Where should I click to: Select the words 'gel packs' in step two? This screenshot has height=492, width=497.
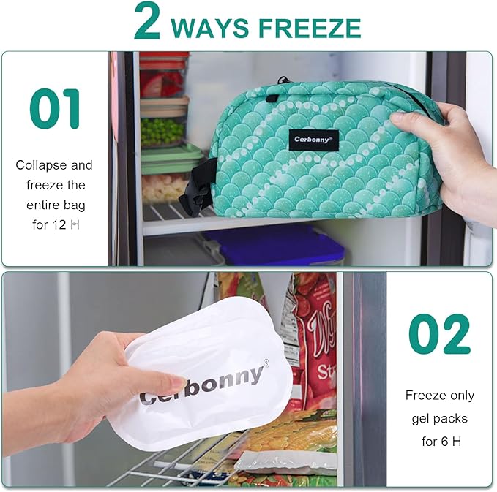(439, 419)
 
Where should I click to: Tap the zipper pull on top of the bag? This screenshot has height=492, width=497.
(282, 80)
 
